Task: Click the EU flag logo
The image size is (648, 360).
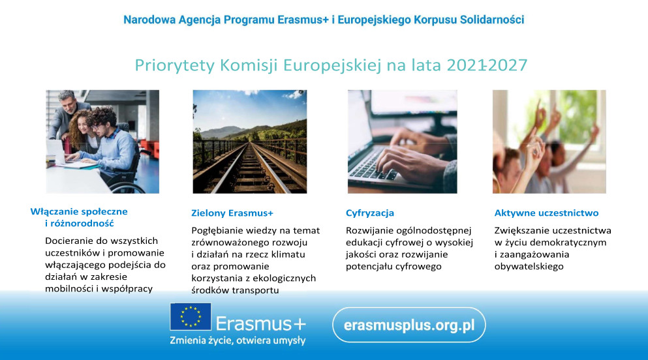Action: pos(191,317)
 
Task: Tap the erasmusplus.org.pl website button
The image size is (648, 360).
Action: pos(409,325)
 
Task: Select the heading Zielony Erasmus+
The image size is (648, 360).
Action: pos(232,213)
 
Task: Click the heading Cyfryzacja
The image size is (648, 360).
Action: pos(370,213)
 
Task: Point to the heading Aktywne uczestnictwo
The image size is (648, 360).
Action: pos(546,213)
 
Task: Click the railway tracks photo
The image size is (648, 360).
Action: pos(250,142)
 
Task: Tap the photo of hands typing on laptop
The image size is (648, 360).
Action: pos(403,142)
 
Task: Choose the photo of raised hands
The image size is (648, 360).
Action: pos(549,142)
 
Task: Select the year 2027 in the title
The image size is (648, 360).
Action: pos(508,65)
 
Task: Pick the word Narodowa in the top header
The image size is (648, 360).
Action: pos(149,20)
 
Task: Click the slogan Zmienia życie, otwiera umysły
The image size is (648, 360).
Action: pos(238,340)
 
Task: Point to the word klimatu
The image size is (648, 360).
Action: pos(288,254)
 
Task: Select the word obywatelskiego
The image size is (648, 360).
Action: pos(529,267)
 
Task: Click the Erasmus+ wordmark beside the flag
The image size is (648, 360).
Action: pos(261,323)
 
